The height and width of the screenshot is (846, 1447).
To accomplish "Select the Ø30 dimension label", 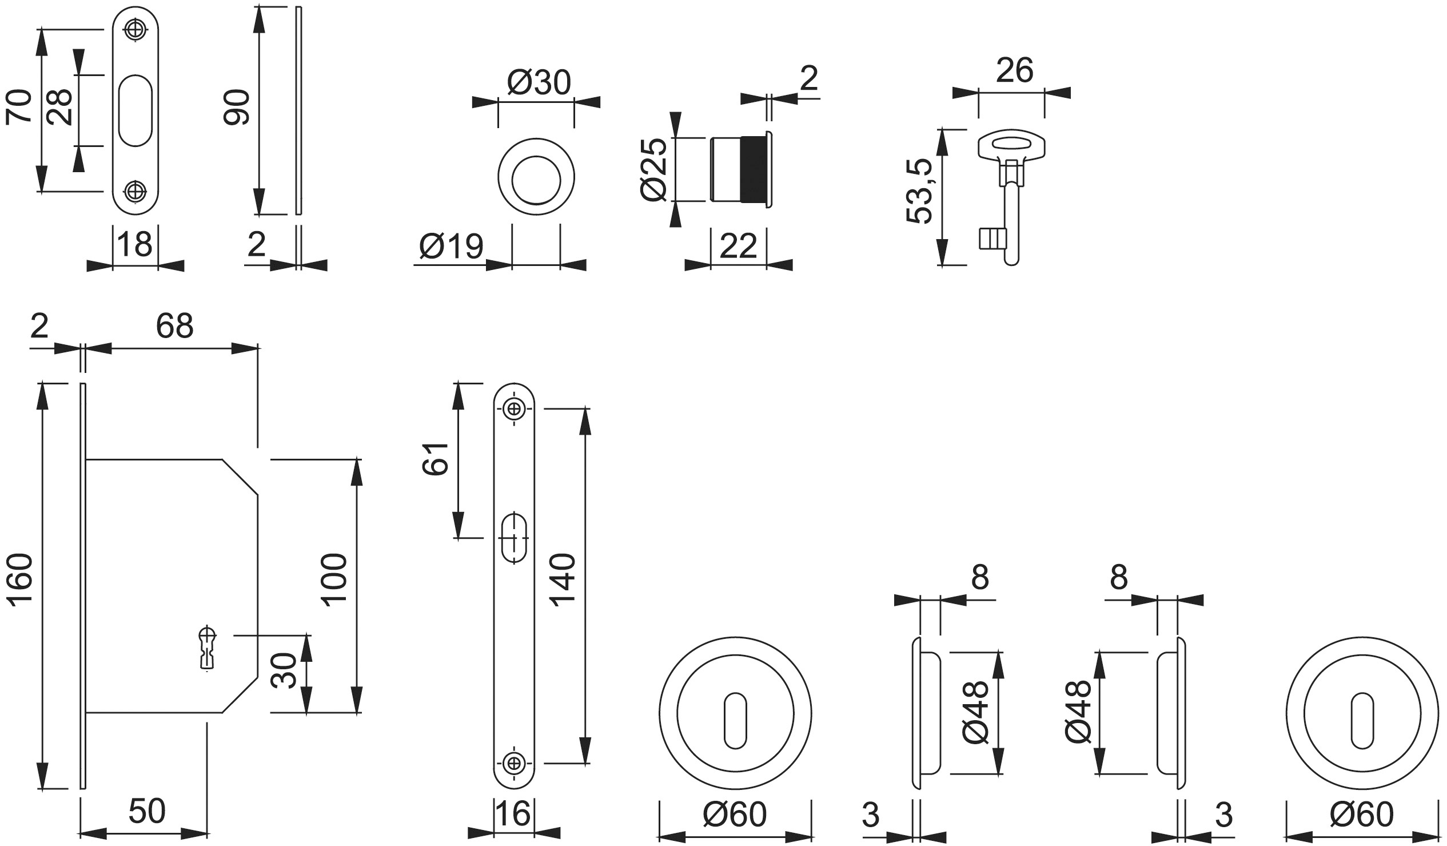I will click(x=539, y=83).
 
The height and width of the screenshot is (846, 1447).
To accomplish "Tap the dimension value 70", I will click(x=19, y=106).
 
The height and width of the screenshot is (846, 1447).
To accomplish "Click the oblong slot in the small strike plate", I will click(x=135, y=110).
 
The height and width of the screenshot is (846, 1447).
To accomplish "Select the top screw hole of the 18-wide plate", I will click(x=135, y=29).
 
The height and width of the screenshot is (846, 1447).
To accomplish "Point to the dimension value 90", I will click(x=237, y=108).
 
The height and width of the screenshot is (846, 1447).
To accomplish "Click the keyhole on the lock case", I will click(x=208, y=648).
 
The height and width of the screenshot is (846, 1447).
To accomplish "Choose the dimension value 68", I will click(x=174, y=326).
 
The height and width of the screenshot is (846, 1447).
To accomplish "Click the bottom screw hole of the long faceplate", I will click(x=514, y=763).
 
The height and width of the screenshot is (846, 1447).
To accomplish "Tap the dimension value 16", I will click(x=513, y=814).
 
